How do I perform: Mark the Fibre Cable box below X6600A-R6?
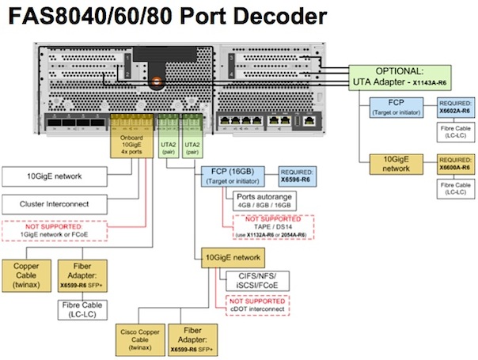click(x=457, y=188)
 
